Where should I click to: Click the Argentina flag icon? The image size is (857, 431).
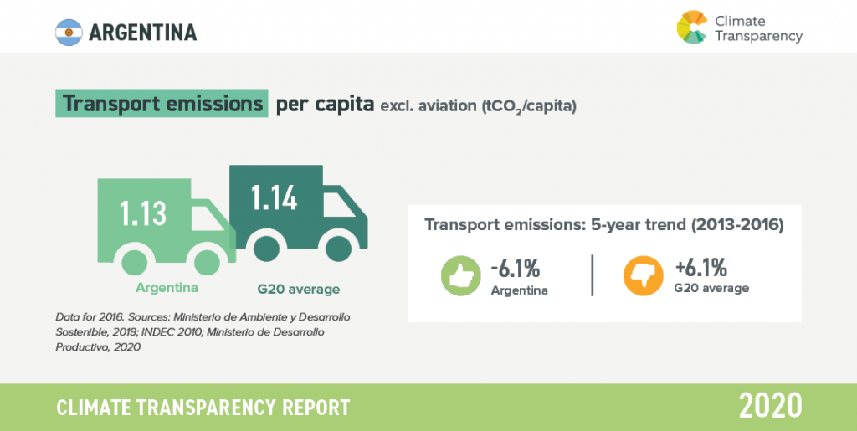click(69, 33)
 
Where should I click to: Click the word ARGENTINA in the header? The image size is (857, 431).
click(142, 33)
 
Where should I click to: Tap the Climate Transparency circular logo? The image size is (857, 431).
click(692, 27)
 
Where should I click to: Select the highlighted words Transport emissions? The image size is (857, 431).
click(162, 103)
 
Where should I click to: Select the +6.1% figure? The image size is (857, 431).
click(700, 268)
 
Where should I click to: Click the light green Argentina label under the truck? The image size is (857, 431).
click(167, 287)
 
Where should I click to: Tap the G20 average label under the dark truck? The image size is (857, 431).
click(299, 289)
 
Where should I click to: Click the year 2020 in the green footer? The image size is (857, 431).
click(771, 405)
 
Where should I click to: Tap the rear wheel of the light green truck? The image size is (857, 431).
click(135, 262)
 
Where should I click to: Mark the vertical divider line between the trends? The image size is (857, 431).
click(593, 275)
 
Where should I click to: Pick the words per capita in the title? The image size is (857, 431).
click(325, 104)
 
